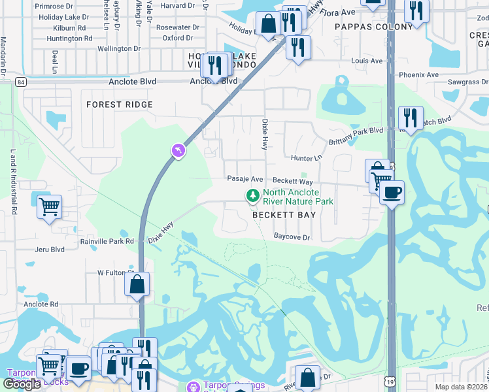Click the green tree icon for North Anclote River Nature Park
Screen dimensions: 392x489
point(252,195)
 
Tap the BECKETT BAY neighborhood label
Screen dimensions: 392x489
point(284,215)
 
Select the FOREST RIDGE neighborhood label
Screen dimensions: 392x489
point(120,105)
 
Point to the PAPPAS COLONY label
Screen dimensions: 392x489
point(374,27)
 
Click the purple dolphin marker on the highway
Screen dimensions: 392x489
point(178,151)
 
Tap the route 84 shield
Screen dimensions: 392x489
point(22,82)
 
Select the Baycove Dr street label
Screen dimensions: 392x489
point(292,237)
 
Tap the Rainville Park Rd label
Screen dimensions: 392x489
point(107,240)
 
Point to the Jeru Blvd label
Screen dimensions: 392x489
point(50,250)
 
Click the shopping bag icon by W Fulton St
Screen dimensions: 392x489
point(137,284)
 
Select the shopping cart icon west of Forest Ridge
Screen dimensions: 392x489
point(50,207)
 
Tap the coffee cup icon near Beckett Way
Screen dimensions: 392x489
point(392,192)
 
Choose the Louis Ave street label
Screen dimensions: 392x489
point(367,61)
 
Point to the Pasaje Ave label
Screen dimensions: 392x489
point(244,179)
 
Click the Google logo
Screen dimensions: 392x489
point(23,384)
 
